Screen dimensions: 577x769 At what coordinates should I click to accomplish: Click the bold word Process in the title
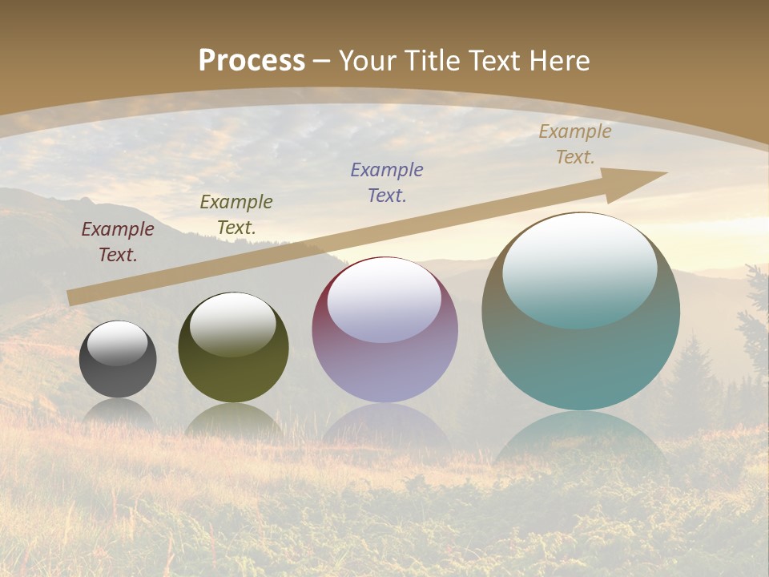(252, 60)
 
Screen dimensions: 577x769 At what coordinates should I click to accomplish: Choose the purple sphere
(384, 337)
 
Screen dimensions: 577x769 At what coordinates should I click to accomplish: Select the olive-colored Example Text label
(236, 215)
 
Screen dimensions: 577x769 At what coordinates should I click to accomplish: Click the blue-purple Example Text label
(387, 183)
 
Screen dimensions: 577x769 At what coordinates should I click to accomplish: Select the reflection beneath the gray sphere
(119, 410)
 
